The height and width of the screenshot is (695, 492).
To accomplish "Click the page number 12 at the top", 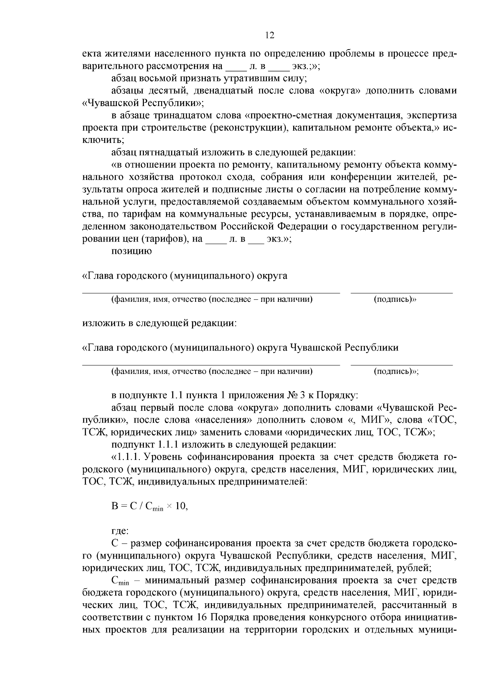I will point(270,35).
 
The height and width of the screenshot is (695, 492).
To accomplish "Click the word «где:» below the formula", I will point(120,531).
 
